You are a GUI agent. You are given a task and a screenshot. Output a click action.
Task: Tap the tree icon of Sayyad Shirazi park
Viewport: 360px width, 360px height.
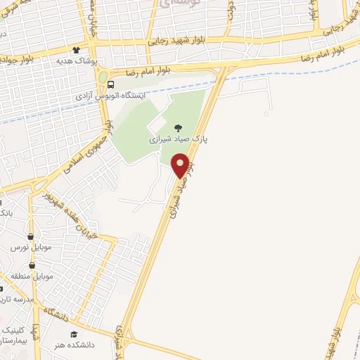pyautogui.click(x=176, y=127)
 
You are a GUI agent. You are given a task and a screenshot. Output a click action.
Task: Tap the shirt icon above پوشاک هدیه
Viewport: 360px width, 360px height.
pyautogui.click(x=76, y=50)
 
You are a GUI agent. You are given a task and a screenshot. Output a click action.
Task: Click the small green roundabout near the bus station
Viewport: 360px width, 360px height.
pyautogui.click(x=103, y=76)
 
